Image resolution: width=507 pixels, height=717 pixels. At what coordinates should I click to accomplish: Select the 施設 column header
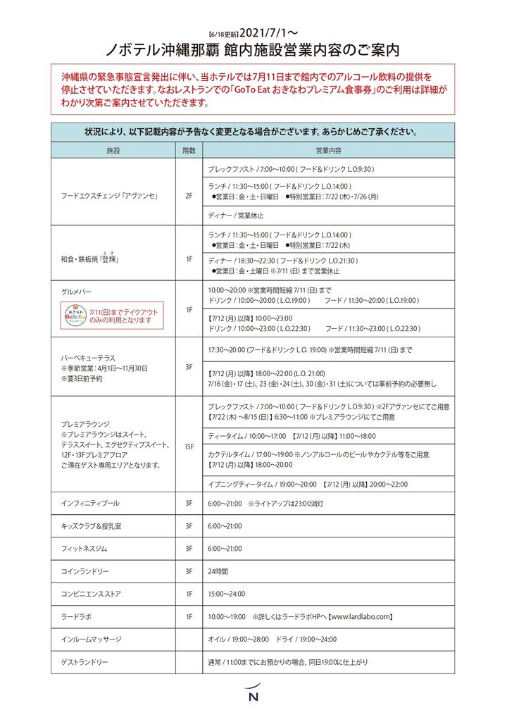pyautogui.click(x=113, y=151)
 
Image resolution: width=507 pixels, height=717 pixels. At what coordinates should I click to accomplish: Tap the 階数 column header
pyautogui.click(x=189, y=151)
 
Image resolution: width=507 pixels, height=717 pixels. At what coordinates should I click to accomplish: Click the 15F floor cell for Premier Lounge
pyautogui.click(x=189, y=446)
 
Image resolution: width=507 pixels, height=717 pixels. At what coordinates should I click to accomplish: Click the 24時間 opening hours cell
pyautogui.click(x=218, y=571)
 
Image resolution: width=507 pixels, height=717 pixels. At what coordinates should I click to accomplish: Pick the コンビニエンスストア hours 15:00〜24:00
pyautogui.click(x=227, y=594)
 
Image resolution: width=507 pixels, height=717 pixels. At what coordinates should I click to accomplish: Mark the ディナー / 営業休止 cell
pyautogui.click(x=236, y=215)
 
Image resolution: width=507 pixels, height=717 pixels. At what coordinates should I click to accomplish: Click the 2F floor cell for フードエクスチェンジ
pyautogui.click(x=189, y=196)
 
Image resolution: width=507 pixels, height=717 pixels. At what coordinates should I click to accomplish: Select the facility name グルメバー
pyautogui.click(x=77, y=292)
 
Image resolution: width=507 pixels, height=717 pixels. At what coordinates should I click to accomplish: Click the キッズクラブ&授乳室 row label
pyautogui.click(x=88, y=525)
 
